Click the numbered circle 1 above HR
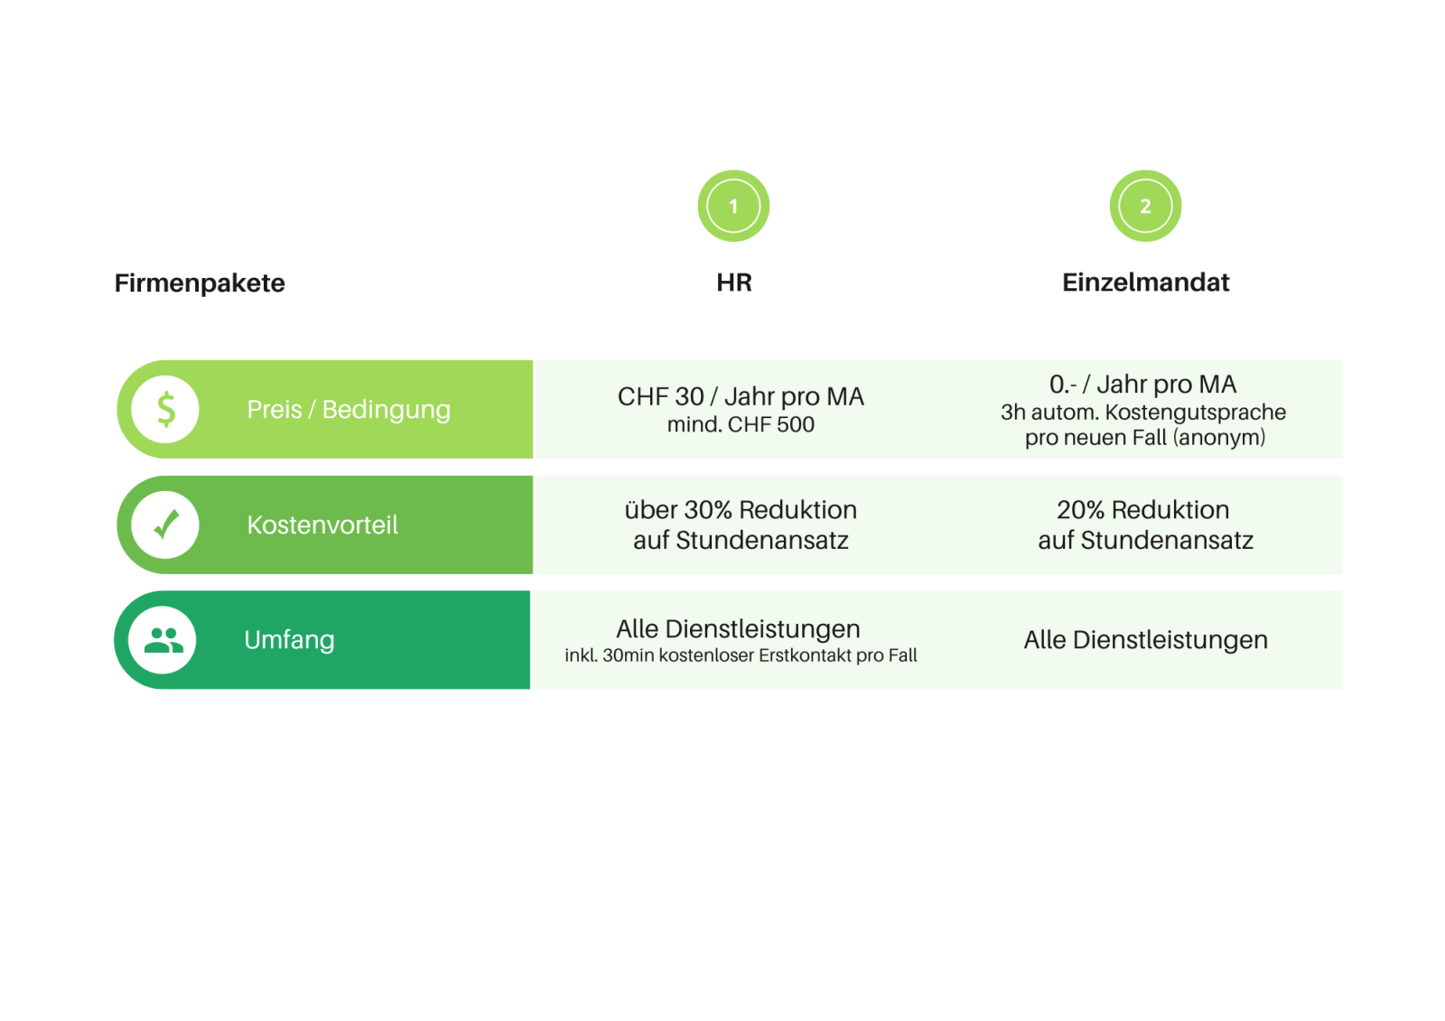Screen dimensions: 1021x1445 point(733,206)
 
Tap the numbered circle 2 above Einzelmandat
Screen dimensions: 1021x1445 point(1145,206)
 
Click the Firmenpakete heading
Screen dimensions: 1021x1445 point(200,283)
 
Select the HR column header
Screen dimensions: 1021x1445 point(733,283)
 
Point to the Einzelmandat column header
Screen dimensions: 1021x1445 point(1145,283)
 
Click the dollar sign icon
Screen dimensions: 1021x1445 point(165,409)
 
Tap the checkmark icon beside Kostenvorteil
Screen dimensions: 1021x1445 point(165,524)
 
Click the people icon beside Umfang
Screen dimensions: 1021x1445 point(163,640)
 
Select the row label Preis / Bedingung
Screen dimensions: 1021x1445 point(349,410)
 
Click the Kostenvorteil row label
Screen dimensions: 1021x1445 point(322,525)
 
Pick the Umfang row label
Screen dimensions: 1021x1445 point(289,640)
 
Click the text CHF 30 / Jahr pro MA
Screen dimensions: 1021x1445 point(741,396)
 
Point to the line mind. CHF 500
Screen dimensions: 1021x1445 point(741,424)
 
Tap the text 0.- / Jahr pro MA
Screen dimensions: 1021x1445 point(1142,385)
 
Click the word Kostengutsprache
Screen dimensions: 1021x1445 point(1195,413)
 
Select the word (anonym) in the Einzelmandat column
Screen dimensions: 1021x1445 point(1219,438)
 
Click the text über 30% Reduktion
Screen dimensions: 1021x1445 point(741,510)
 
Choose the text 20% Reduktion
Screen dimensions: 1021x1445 point(1142,510)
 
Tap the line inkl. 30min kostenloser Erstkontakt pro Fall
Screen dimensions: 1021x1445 point(741,655)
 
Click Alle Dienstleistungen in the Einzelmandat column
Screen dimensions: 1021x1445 point(1145,640)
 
